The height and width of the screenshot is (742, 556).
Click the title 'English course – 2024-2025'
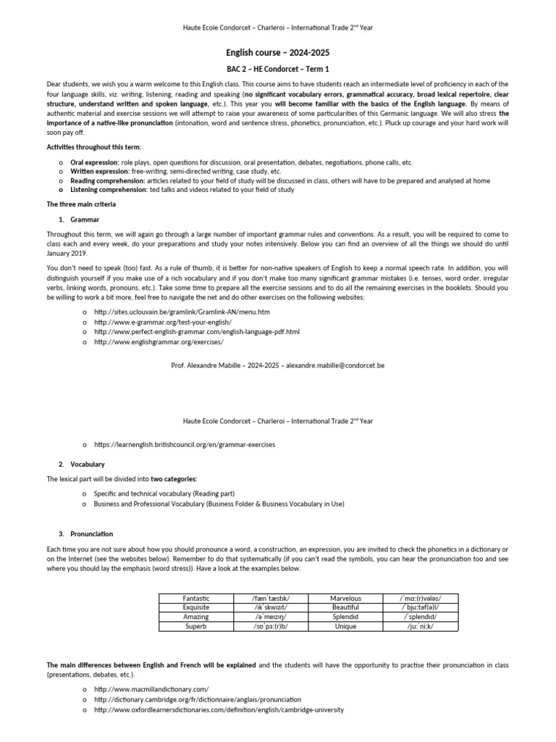tap(279, 53)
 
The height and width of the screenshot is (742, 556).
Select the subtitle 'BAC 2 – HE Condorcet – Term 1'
tap(279, 70)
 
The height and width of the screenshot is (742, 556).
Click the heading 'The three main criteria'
tap(81, 204)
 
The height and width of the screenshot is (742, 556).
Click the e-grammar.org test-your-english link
tap(162, 322)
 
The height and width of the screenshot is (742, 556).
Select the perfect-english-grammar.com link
tap(196, 331)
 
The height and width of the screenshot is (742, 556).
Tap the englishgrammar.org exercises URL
tap(159, 341)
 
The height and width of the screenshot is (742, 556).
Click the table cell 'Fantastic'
tap(196, 598)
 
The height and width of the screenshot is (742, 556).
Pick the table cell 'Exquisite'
tap(196, 607)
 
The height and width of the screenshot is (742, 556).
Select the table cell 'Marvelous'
tap(345, 598)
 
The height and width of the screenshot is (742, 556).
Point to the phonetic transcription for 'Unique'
tap(420, 626)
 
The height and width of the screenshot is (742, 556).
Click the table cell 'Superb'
tap(196, 626)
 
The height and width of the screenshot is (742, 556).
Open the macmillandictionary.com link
tap(151, 689)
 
